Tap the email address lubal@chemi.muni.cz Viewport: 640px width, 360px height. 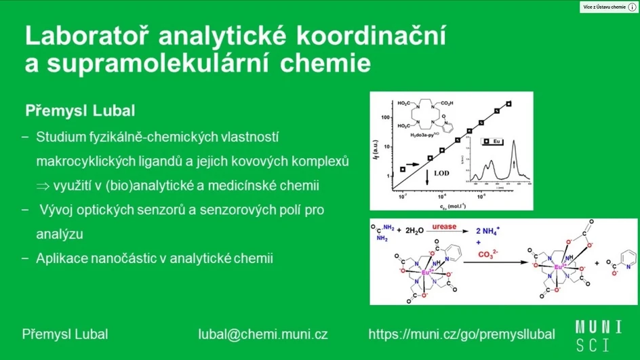[262, 334]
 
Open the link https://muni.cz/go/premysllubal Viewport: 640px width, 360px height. [461, 334]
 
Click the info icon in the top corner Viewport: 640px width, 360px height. [632, 7]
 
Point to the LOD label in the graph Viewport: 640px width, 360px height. [441, 174]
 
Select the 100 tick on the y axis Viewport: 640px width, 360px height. [384, 117]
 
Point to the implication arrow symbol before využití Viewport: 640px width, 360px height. [43, 185]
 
